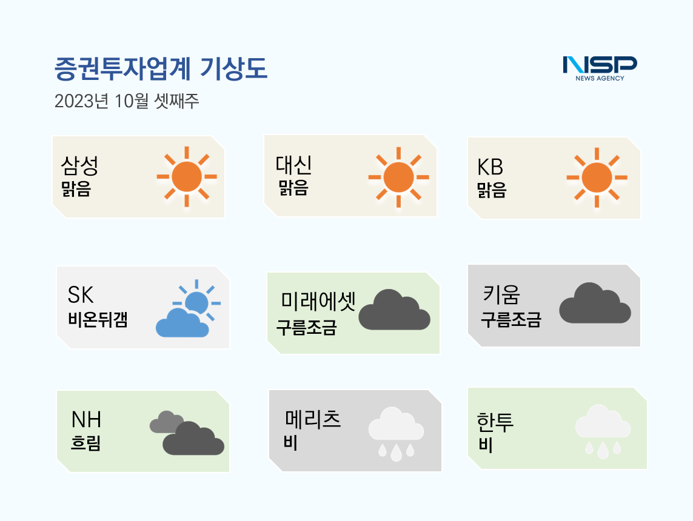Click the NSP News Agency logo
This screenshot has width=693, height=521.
point(600,68)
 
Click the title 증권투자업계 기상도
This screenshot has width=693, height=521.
point(161,69)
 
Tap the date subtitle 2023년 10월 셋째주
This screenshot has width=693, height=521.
point(127,101)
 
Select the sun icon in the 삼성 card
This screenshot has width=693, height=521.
point(187,177)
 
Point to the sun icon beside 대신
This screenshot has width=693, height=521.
point(399,177)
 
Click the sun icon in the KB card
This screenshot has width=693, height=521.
point(597,178)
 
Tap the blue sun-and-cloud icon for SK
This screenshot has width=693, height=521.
point(189,308)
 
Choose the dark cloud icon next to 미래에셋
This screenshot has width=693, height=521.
point(394,310)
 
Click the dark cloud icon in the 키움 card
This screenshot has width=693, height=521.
point(595,303)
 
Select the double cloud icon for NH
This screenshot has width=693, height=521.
point(187,433)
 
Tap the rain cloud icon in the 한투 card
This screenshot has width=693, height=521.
point(603,431)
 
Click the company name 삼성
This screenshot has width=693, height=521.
point(79,166)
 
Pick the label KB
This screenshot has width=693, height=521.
point(490,167)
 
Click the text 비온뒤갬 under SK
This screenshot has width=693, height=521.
point(98,319)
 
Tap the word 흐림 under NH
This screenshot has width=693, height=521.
point(85,442)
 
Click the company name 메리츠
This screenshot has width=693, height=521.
point(313,419)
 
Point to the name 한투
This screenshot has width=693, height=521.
point(495,422)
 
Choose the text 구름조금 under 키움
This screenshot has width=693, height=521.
point(511,319)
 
